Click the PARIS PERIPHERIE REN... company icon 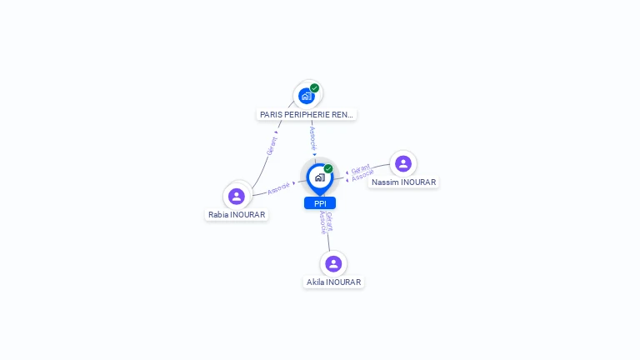click(x=306, y=96)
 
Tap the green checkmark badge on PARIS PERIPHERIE click(x=314, y=87)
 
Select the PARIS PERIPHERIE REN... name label click(x=306, y=115)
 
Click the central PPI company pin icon click(x=319, y=177)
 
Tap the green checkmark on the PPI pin click(x=328, y=168)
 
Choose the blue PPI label click(x=320, y=203)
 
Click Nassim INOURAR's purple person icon click(x=403, y=163)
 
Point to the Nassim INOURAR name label click(x=403, y=182)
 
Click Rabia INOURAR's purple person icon click(x=237, y=196)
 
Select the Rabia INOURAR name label click(x=237, y=215)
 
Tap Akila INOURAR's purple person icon click(x=333, y=263)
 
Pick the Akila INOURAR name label click(x=333, y=282)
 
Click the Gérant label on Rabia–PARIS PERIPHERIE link click(x=271, y=146)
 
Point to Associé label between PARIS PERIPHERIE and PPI click(x=312, y=137)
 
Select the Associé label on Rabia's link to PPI click(x=279, y=187)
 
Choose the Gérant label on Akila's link click(x=330, y=222)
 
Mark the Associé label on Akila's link click(x=323, y=222)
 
